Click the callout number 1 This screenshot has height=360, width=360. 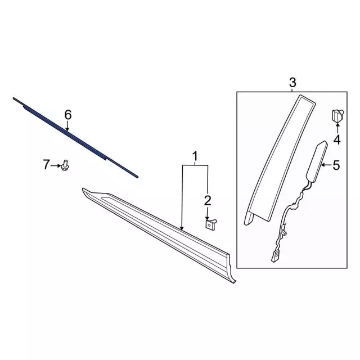195,156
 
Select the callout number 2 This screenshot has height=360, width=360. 208,200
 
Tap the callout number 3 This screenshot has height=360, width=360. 292,83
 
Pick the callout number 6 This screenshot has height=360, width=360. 68,115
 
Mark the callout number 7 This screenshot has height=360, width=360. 47,164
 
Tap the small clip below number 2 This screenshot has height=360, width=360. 209,223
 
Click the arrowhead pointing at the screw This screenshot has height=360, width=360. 58,165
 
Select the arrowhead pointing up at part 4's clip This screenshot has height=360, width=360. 337,129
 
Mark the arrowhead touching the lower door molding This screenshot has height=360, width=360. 182,227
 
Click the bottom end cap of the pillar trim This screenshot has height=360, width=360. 251,218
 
